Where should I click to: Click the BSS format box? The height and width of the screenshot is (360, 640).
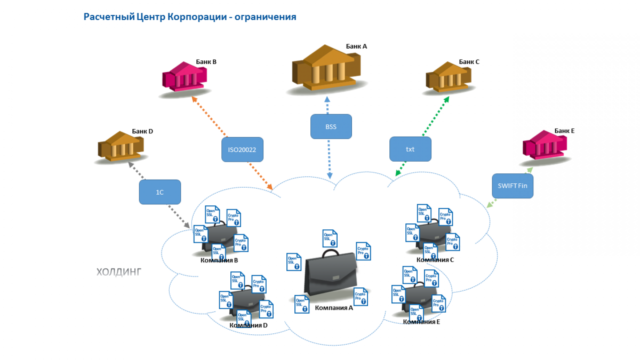[x=331, y=126]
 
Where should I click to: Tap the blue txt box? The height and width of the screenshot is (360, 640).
[x=410, y=149]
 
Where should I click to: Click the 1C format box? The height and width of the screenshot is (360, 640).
[x=160, y=192]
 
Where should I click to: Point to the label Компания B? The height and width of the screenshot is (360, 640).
[x=219, y=261]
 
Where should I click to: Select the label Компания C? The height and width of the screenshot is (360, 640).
[x=435, y=260]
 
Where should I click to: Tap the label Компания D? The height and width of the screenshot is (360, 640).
[x=249, y=325]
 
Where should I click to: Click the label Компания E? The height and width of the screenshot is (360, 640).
[x=421, y=322]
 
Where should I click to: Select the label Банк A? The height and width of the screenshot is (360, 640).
[x=356, y=46]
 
